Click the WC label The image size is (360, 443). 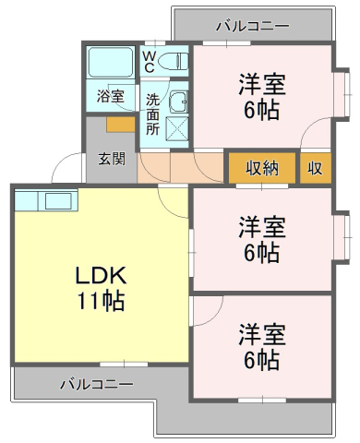coord(150,62)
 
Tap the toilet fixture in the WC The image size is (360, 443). coord(173,61)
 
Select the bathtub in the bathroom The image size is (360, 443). coord(110,62)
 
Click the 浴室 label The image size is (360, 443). coord(111,96)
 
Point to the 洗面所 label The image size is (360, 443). coord(152,114)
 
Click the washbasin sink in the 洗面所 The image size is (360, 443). coord(178,102)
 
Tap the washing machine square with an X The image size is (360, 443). coord(177,128)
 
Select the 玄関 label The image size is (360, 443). coord(112,159)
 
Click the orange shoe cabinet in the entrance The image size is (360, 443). coord(121,125)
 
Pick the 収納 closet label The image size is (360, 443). coord(262,168)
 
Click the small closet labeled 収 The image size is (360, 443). coord(316,168)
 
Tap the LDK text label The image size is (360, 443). coord(101,275)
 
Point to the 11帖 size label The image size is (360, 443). coord(101,300)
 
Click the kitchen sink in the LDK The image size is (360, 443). coord(58,201)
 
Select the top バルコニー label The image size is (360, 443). coord(253,26)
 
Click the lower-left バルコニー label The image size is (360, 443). coord(97,384)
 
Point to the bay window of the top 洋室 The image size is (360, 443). coord(343,94)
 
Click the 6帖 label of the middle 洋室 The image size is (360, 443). coord(261,253)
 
